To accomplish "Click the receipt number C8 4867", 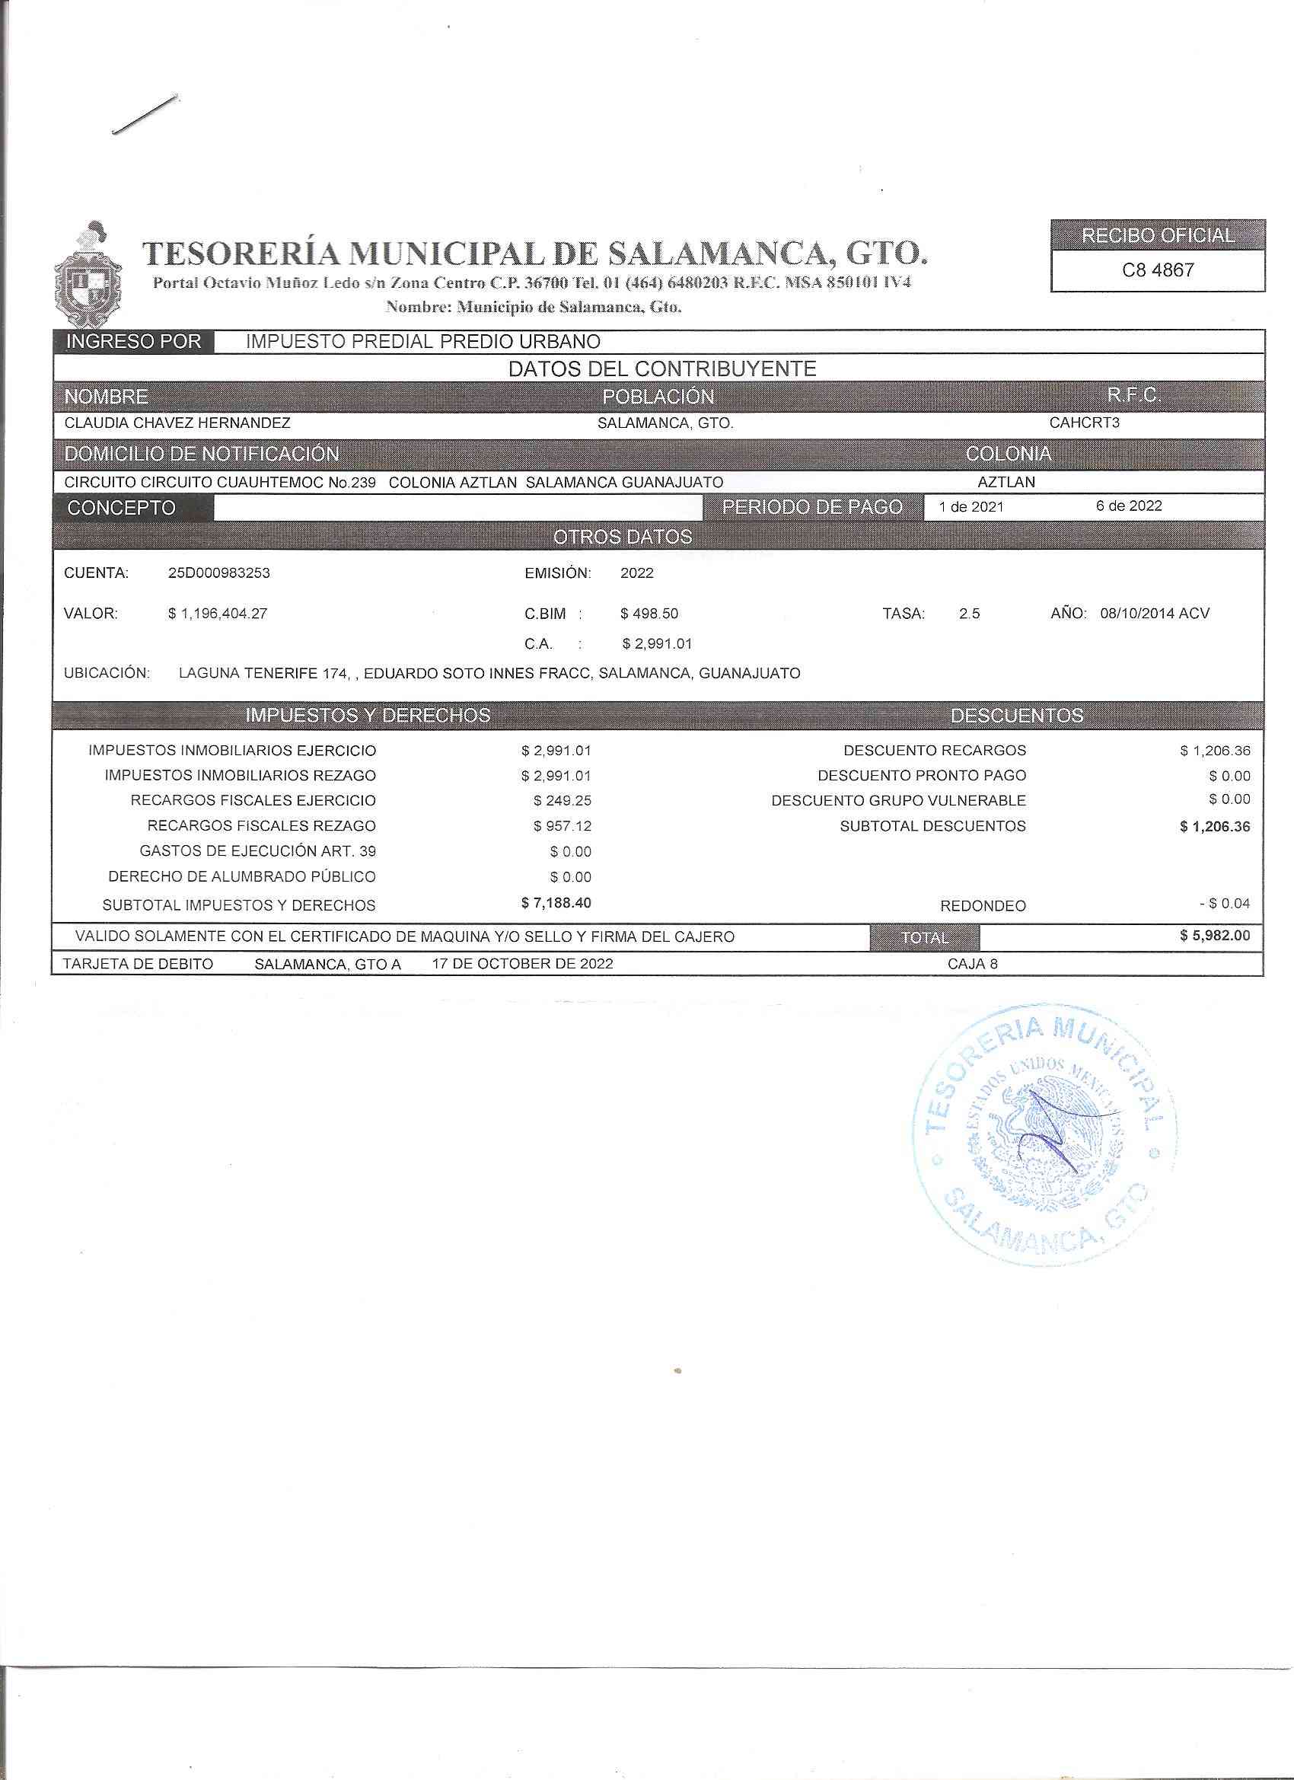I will [x=1158, y=271].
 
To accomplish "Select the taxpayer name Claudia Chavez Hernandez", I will [x=177, y=423].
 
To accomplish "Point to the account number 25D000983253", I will [x=219, y=573].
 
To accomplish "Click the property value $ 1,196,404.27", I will [x=218, y=614].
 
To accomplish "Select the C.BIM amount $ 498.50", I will [x=649, y=614].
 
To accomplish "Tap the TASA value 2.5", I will [x=968, y=614].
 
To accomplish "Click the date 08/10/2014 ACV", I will [x=1154, y=614].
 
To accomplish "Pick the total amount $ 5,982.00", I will [x=1215, y=936].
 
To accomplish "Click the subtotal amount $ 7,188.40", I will [x=556, y=904].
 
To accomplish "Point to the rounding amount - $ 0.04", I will [x=1224, y=904].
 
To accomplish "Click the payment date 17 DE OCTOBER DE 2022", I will [x=523, y=963].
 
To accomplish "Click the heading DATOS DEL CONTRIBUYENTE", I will [x=662, y=369].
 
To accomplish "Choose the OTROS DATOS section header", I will [x=623, y=537].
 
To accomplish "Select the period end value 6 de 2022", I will [x=1128, y=506].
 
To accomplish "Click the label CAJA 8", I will [x=972, y=964].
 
